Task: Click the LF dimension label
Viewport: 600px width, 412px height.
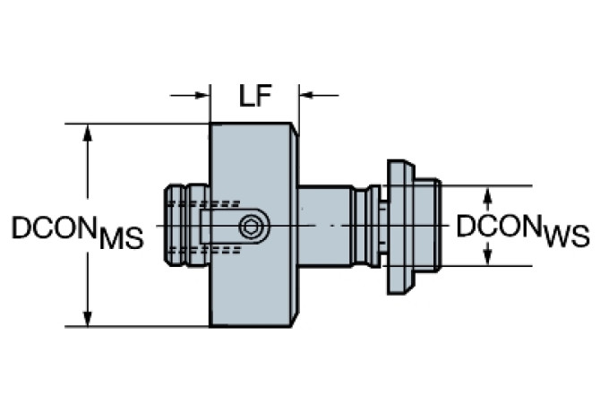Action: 254,96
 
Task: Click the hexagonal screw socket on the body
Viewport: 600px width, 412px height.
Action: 253,227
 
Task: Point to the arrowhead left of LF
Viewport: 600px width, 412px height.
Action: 202,94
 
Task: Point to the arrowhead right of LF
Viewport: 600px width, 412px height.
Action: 306,94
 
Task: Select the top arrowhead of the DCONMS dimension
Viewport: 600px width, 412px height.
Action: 87,133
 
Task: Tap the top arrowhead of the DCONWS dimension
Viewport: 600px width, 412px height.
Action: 487,194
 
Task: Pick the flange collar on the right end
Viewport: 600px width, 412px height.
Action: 399,227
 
